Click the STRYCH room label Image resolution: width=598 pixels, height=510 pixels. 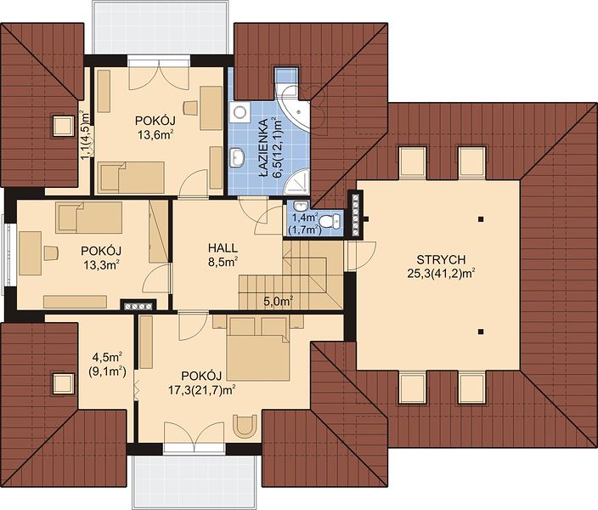(441, 259)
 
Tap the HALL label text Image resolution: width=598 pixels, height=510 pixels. (223, 247)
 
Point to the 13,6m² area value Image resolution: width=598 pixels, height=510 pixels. (156, 134)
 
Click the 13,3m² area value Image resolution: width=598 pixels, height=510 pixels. (101, 264)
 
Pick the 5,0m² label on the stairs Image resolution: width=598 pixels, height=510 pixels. (279, 301)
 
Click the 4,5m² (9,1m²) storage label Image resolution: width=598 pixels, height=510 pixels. (107, 364)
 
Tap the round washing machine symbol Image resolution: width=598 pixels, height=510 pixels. (240, 111)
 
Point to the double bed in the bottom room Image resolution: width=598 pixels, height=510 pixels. (258, 348)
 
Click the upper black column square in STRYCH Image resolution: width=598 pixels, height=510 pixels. (482, 219)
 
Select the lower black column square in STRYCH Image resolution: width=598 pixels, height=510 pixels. (482, 331)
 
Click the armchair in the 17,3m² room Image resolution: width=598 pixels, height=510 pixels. (246, 426)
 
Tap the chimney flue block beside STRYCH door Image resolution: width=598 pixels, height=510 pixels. (356, 214)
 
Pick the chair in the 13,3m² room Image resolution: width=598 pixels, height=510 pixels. (51, 253)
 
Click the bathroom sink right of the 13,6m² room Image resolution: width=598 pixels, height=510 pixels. (237, 157)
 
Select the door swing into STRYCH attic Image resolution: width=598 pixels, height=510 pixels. (360, 256)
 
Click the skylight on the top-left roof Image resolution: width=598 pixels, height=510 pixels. (64, 126)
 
